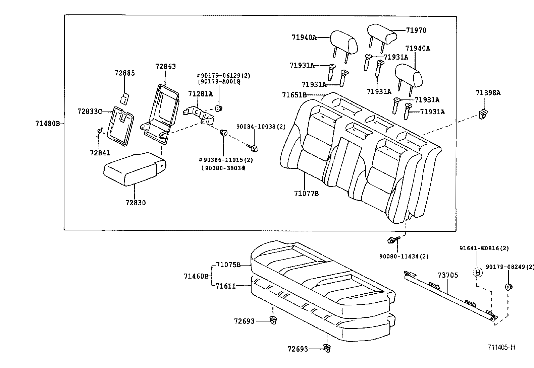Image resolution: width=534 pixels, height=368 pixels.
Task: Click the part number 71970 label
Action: coord(416,30)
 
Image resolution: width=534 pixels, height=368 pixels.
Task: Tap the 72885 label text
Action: coord(124,73)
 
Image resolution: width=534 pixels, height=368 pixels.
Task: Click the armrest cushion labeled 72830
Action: coord(134,169)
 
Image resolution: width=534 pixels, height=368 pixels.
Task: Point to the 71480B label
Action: coord(47,123)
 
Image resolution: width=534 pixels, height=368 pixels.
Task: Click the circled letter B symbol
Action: coord(478,272)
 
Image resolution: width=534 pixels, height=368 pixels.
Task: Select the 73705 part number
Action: coord(447,275)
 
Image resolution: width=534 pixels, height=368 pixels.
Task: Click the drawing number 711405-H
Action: coord(501,348)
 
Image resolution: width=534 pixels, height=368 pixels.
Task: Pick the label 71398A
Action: coord(488,93)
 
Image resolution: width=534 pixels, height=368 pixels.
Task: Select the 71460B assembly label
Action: coord(196,276)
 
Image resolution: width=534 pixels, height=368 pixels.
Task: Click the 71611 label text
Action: coord(225,286)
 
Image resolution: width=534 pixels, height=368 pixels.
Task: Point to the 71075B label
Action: coord(228,265)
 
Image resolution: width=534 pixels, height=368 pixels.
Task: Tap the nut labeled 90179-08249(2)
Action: coord(509,287)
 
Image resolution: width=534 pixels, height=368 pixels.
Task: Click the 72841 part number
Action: coord(100,153)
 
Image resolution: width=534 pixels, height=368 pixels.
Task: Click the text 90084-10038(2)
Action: coord(261,127)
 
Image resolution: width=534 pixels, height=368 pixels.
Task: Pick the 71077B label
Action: coord(306,194)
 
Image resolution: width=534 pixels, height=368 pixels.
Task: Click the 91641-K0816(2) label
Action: coord(484,248)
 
